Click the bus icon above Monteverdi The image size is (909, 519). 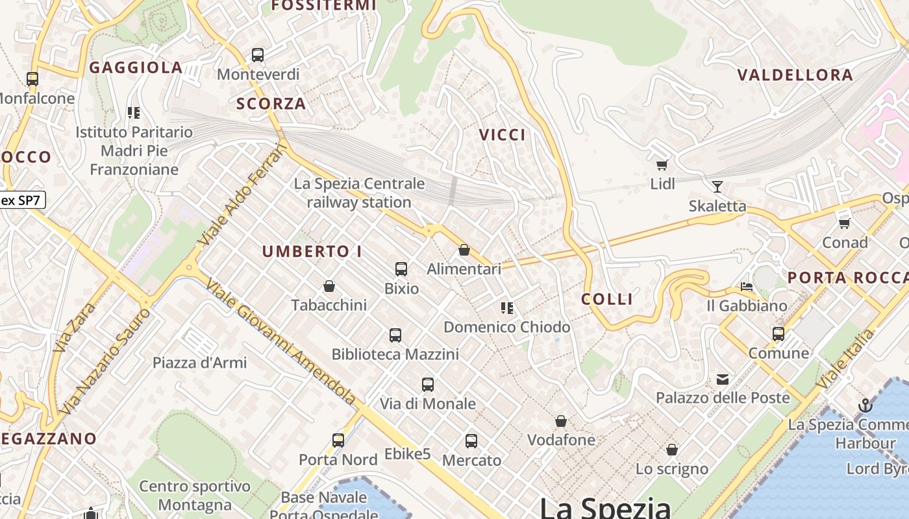258,55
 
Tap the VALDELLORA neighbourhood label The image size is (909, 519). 795,75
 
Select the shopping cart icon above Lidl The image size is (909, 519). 662,165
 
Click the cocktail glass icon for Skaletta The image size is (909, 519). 717,187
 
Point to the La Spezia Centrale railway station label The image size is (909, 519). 359,193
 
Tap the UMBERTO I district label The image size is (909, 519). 312,252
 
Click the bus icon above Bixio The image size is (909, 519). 401,269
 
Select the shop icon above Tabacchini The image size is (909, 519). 329,286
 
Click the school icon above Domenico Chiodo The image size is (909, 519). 507,308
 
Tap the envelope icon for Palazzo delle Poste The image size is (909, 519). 723,380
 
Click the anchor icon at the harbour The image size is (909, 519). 865,406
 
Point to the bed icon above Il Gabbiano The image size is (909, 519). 747,287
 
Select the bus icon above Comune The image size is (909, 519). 778,334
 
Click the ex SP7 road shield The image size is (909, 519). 21,200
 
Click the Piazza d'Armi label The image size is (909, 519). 199,363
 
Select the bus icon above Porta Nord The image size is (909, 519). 338,441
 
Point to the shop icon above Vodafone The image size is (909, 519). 561,422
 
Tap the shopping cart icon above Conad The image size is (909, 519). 844,223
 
